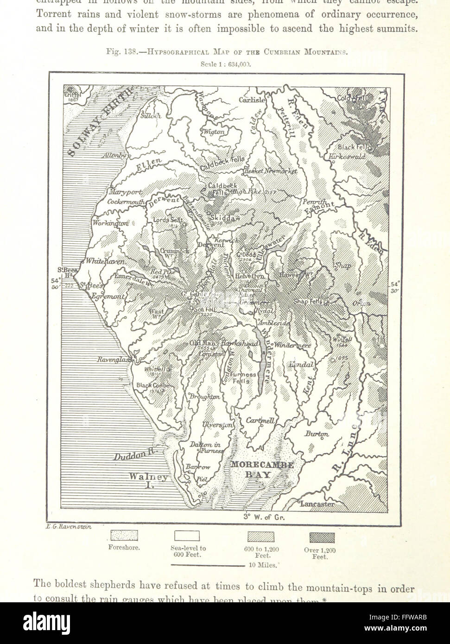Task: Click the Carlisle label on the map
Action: coord(252,100)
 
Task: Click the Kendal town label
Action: coord(302,365)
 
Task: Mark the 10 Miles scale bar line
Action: coord(208,565)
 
